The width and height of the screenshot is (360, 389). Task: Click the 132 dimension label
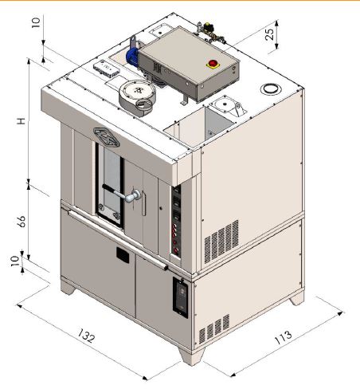coord(86,336)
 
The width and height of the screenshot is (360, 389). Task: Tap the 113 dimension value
coord(283,337)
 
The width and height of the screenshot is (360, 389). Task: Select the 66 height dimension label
coord(21,221)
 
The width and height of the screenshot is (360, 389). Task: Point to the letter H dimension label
coord(21,121)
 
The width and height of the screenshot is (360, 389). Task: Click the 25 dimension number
coord(269,33)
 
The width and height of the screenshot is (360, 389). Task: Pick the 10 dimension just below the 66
coord(14,261)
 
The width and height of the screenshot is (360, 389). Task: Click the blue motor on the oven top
coord(132,57)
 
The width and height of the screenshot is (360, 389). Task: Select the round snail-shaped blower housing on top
coord(137,98)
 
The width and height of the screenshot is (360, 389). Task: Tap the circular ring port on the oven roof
coord(271,88)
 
